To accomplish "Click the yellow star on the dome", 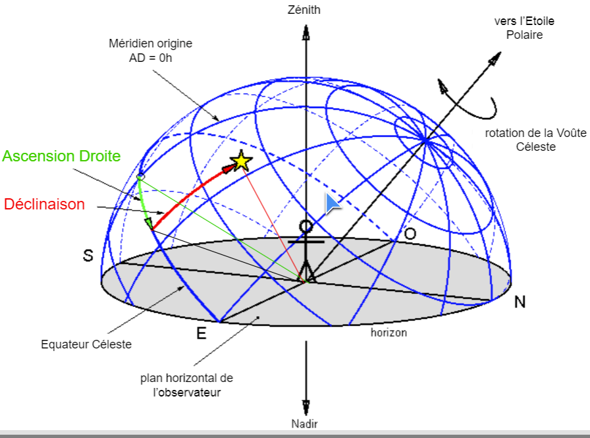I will pyautogui.click(x=241, y=160).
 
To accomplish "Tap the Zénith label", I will pyautogui.click(x=305, y=10).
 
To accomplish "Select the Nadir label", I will pyautogui.click(x=305, y=424).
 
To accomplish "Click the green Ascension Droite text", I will pyautogui.click(x=61, y=156).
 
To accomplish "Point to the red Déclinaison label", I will pyautogui.click(x=45, y=204).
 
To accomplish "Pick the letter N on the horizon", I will pyautogui.click(x=520, y=302).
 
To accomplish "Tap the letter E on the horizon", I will pyautogui.click(x=201, y=333).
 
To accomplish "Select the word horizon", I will pyautogui.click(x=389, y=333).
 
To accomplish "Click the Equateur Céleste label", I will pyautogui.click(x=86, y=344).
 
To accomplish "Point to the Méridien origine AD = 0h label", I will pyautogui.click(x=150, y=50).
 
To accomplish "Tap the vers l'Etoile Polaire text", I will pyautogui.click(x=524, y=28).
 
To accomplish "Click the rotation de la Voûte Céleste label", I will pyautogui.click(x=535, y=140).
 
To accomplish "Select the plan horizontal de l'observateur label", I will pyautogui.click(x=187, y=385).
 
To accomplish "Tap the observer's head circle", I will pyautogui.click(x=306, y=227).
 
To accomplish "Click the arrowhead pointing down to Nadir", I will pyautogui.click(x=305, y=406).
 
